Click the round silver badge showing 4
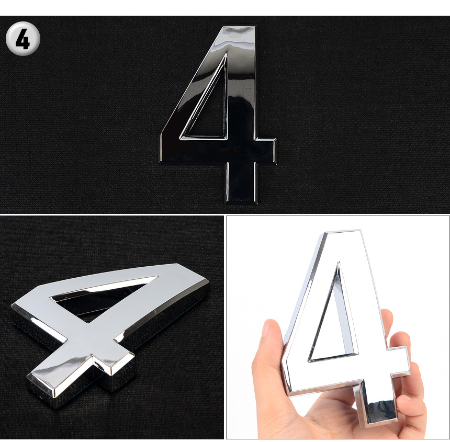point(22,38)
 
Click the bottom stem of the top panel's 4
point(241,183)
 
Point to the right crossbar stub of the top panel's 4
point(266,151)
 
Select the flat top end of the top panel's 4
point(239,28)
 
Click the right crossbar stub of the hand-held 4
point(399,361)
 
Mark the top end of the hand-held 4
point(343,232)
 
